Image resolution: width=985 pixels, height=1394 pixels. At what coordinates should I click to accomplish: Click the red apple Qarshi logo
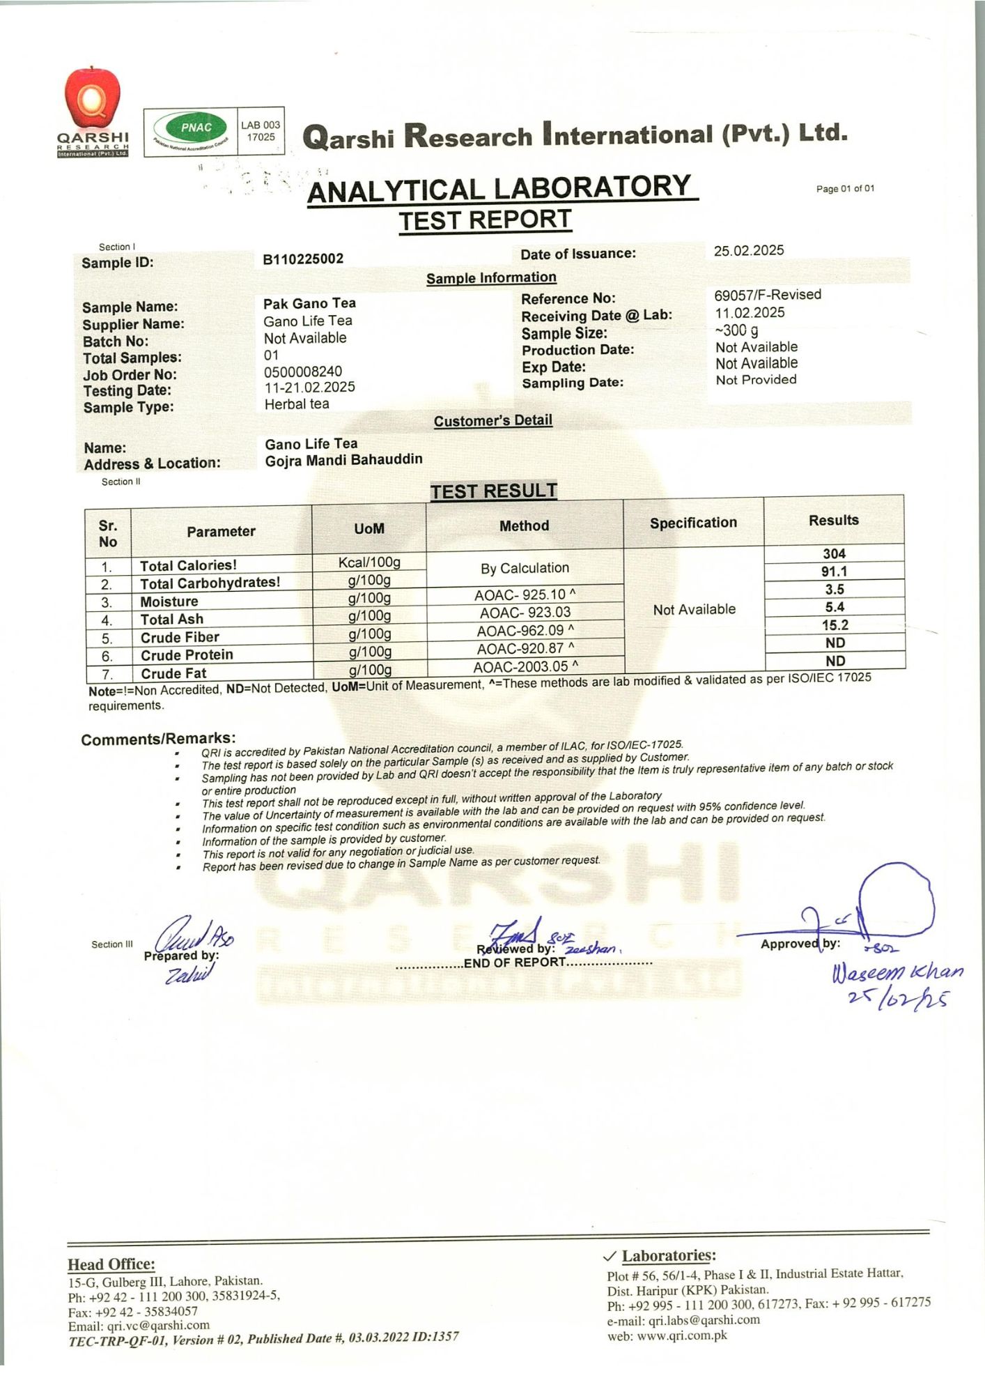93,100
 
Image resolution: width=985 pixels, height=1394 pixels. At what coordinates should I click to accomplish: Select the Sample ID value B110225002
303,259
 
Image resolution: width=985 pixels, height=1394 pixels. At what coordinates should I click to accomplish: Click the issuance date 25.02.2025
749,251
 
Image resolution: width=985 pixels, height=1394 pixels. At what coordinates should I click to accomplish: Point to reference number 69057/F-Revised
767,295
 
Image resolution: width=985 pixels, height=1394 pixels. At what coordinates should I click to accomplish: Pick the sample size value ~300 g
736,330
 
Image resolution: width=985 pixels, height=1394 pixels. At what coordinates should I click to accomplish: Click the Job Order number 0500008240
303,372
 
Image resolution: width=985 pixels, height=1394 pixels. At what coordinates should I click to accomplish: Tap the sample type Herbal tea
297,404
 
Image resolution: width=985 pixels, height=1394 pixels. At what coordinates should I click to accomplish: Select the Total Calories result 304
834,554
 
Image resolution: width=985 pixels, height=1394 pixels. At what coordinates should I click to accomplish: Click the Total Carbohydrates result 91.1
834,572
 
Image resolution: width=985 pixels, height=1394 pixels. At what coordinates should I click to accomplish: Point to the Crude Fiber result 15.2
835,625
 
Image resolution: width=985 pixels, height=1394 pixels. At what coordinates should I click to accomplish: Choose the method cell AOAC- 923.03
525,613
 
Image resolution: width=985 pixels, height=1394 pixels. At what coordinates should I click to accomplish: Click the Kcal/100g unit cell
369,562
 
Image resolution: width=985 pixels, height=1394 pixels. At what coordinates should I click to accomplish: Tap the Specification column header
693,523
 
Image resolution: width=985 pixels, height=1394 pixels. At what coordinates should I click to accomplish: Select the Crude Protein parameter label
187,655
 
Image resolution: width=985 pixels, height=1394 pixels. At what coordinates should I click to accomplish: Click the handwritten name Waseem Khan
897,972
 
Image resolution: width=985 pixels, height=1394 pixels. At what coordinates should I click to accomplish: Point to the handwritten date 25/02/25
897,1000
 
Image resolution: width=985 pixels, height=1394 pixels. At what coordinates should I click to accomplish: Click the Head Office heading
111,1264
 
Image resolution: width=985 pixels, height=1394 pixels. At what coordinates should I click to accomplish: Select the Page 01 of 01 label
845,189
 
